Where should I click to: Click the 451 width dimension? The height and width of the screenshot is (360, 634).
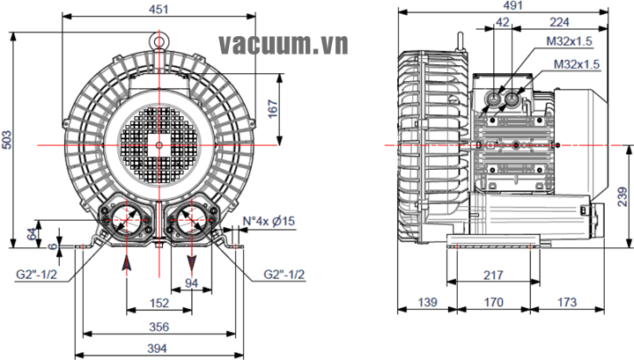tap(158, 9)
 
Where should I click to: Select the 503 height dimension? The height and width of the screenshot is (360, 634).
tap(7, 141)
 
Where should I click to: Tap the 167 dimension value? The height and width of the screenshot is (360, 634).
tap(274, 107)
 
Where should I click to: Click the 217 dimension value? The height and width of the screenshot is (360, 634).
tap(493, 276)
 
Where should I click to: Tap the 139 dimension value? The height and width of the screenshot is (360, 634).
tap(426, 302)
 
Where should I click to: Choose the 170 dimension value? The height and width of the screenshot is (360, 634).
tap(493, 302)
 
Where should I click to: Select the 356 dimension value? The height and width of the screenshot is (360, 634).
tap(158, 326)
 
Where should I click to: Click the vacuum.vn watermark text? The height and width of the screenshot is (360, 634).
tap(284, 43)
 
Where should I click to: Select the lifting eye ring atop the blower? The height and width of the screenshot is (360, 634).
tap(158, 39)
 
